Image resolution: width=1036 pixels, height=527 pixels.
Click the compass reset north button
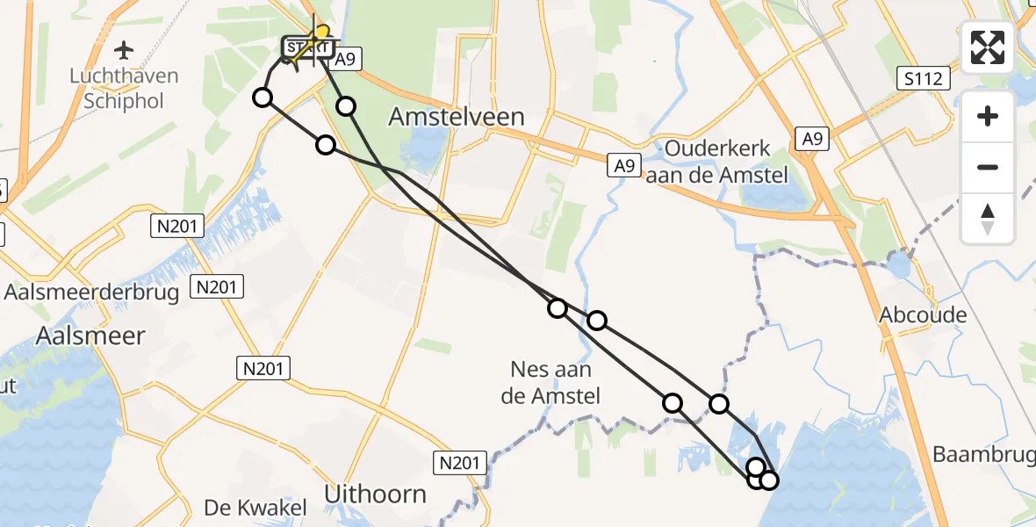tap(988, 219)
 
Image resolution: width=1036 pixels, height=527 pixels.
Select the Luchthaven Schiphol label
tap(124, 88)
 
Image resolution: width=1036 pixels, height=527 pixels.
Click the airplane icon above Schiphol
tap(124, 48)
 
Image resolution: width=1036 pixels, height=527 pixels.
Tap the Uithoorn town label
tap(375, 495)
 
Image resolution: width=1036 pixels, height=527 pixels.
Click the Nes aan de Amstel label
tap(550, 383)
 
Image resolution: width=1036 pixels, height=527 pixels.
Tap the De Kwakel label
tap(255, 508)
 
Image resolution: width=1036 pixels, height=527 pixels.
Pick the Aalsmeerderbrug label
tap(92, 292)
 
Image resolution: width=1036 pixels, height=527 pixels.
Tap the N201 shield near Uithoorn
tap(460, 462)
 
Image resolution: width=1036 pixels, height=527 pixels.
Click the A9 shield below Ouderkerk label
tap(622, 164)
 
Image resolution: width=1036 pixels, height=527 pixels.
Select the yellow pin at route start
tap(321, 35)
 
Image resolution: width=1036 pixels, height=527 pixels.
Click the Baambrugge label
tap(983, 455)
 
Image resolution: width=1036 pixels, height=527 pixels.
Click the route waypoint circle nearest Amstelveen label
tap(346, 106)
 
